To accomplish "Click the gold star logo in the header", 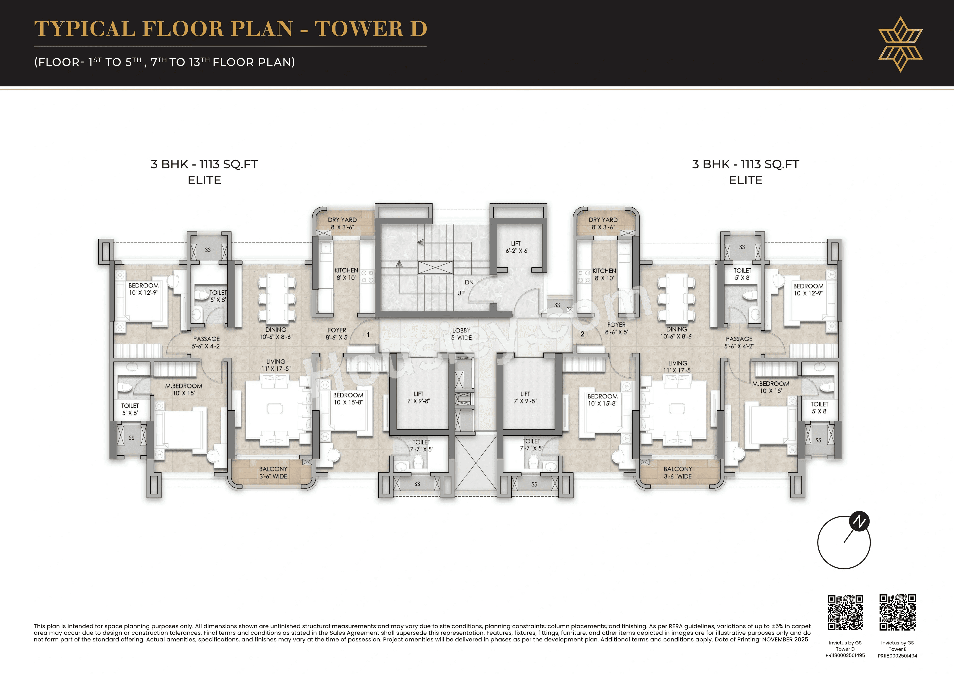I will point(900,44).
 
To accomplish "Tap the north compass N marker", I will point(859,521).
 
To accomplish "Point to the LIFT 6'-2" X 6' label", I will point(517,247).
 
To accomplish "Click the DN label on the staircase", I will point(469,282).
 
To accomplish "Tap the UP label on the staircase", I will point(461,293).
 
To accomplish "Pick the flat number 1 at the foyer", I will point(368,334).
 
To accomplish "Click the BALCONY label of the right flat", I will point(678,473).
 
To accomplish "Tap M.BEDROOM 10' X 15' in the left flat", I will point(184,389).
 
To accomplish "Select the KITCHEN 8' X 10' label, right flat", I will point(604,274).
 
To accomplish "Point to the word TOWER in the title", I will point(359,29).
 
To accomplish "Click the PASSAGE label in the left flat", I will point(206,342).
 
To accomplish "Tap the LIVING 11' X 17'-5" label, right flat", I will point(678,366).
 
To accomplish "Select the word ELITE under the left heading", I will point(204,180).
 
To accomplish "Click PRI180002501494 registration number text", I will point(898,656).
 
